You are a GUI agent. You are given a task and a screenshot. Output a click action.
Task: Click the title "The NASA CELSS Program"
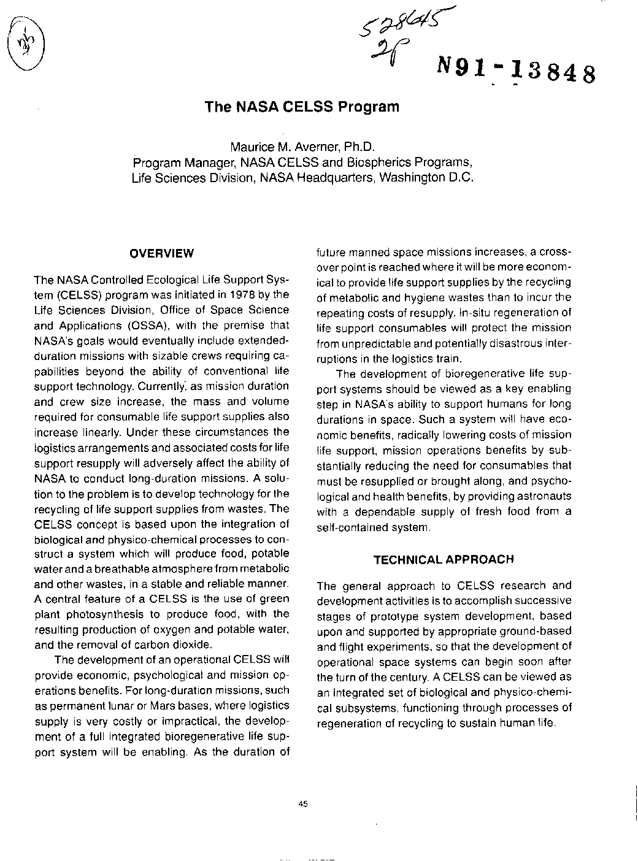coord(302,107)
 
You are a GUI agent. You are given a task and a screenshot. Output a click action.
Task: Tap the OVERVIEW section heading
coord(162,253)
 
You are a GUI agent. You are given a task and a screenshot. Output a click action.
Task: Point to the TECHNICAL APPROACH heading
coord(444,559)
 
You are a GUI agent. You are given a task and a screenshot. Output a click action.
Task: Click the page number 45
coord(302,804)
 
